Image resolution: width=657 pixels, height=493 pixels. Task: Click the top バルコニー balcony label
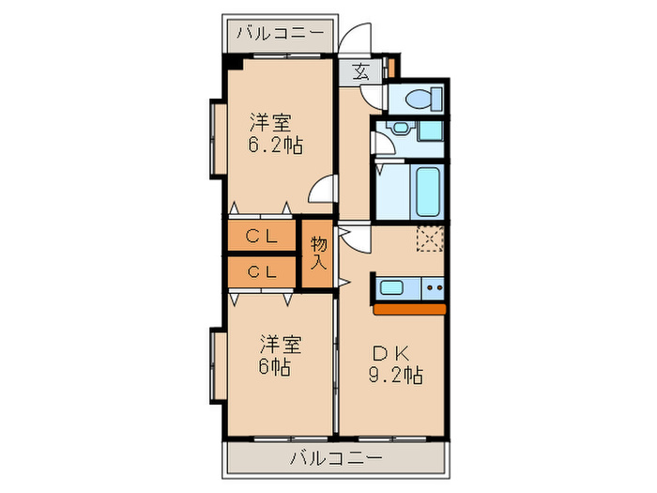pyautogui.click(x=280, y=33)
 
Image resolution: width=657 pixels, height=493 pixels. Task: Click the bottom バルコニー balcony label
pyautogui.click(x=334, y=458)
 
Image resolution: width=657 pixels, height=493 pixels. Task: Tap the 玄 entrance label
pyautogui.click(x=361, y=69)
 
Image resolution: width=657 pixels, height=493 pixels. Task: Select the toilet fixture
pyautogui.click(x=421, y=97)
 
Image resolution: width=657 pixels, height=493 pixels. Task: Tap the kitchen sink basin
pyautogui.click(x=393, y=288)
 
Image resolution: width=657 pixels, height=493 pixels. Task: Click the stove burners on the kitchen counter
pyautogui.click(x=434, y=288)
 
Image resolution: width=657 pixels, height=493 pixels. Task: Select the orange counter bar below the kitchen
pyautogui.click(x=410, y=307)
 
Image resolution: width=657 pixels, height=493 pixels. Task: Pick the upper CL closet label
pyautogui.click(x=261, y=238)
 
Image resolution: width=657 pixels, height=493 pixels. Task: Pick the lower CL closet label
pyautogui.click(x=261, y=272)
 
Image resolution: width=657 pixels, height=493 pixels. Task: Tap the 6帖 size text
pyautogui.click(x=274, y=367)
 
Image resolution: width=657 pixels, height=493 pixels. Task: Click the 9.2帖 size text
pyautogui.click(x=395, y=375)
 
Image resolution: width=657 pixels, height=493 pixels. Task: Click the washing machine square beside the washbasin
pyautogui.click(x=433, y=132)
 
